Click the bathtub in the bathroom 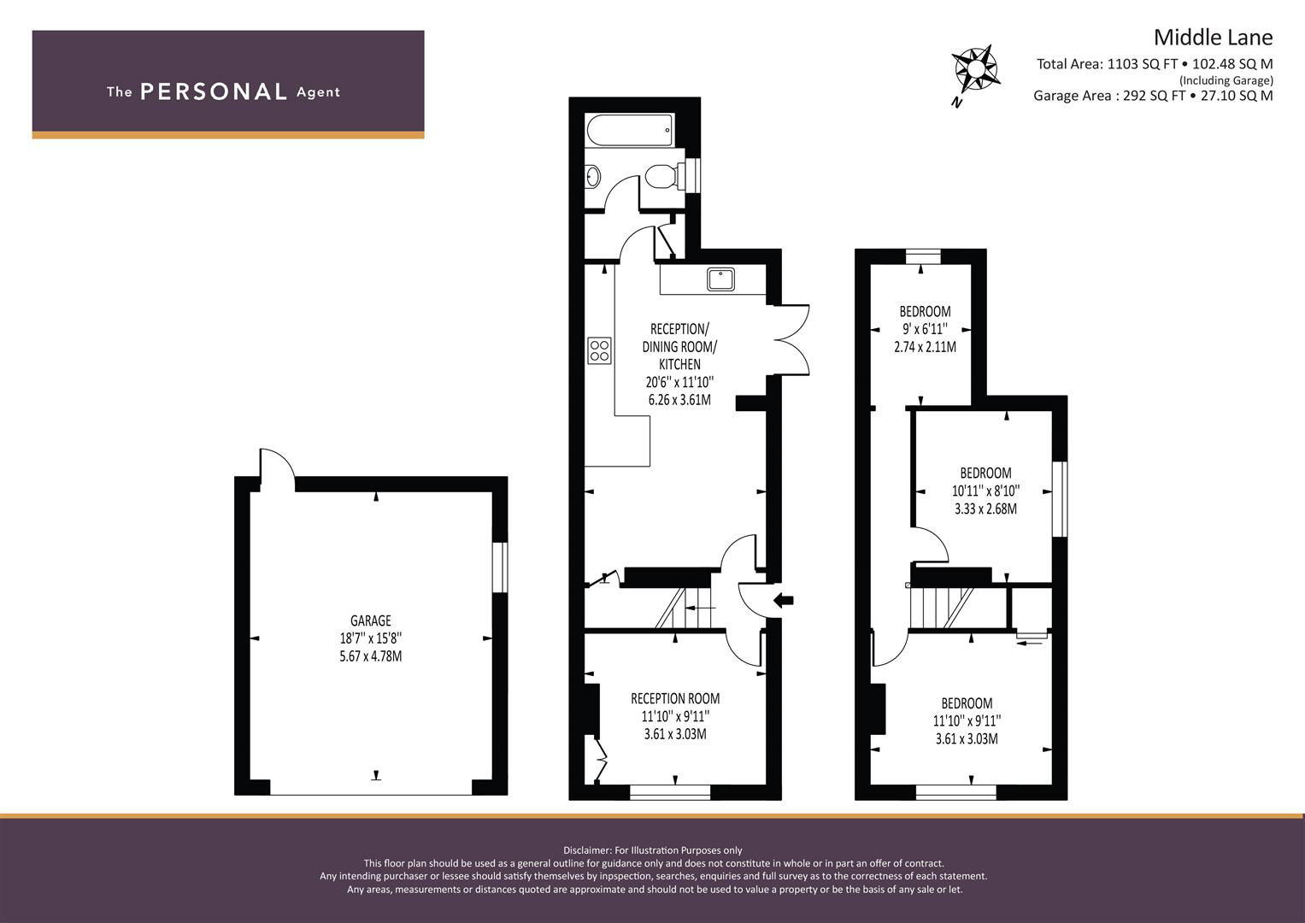pos(630,131)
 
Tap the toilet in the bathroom pos(660,177)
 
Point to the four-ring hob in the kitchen pos(599,350)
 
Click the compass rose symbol pos(975,70)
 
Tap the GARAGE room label pos(370,620)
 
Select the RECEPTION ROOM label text pos(675,698)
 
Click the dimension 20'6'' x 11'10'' pos(679,382)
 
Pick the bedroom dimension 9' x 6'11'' pos(925,329)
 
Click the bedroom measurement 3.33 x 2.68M pos(985,509)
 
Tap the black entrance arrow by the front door pos(782,600)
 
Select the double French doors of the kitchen pos(791,338)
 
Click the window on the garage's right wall pos(499,567)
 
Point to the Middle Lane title pos(1213,38)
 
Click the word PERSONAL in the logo pos(214,92)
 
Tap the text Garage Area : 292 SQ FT pos(1108,96)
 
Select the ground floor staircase pos(684,608)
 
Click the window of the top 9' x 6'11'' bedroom pos(922,256)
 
